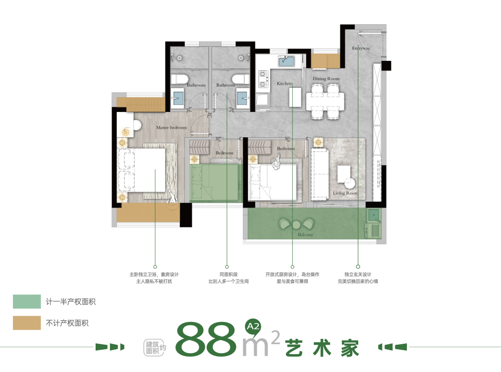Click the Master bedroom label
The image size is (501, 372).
pos(171,127)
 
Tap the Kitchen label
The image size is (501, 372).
pos(284,83)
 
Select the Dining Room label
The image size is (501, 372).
pos(326,79)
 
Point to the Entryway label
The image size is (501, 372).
pos(361,48)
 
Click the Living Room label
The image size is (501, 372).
pos(345,193)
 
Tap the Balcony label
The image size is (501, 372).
pos(305,235)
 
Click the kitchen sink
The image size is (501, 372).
pos(286,60)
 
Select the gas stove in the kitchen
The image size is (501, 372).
pos(262,79)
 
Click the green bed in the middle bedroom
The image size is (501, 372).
pos(215,183)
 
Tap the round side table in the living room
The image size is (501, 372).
pos(349,184)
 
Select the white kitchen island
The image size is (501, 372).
pos(295,97)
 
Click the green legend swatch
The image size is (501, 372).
pos(27,302)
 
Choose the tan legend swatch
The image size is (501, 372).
pos(27,323)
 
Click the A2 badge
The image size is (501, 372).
pos(253,326)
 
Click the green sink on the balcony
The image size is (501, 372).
pos(373,215)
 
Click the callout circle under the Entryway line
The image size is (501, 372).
pos(358,266)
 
